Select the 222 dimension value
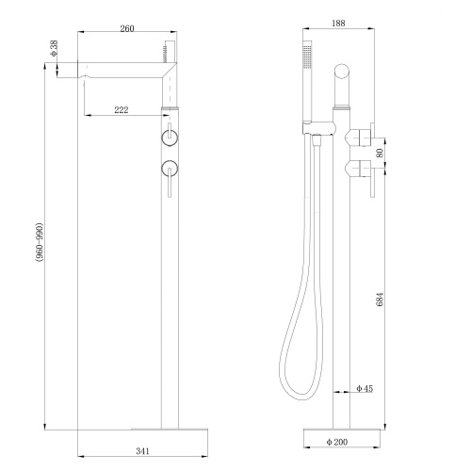pos(122,110)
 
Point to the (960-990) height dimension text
pos(38,256)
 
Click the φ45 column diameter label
pos(365,389)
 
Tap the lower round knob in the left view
pos(170,170)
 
